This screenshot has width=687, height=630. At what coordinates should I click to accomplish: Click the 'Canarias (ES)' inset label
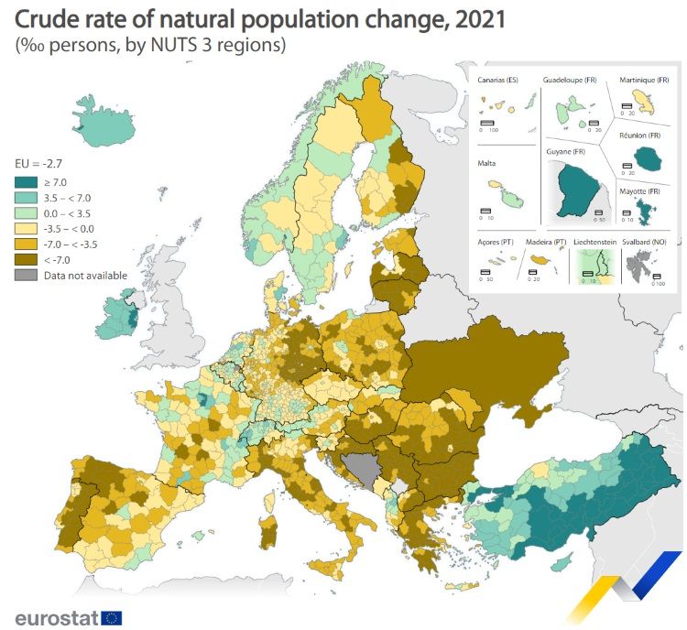(x=497, y=81)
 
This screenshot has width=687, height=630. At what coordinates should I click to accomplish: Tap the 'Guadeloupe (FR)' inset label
(x=571, y=81)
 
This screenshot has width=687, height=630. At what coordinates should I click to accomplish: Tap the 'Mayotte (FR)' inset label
(x=640, y=191)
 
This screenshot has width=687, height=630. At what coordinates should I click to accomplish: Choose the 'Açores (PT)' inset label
(x=496, y=242)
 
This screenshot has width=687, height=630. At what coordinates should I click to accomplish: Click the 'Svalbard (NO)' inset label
(x=646, y=242)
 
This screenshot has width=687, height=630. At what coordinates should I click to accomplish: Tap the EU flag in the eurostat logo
(x=112, y=617)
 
